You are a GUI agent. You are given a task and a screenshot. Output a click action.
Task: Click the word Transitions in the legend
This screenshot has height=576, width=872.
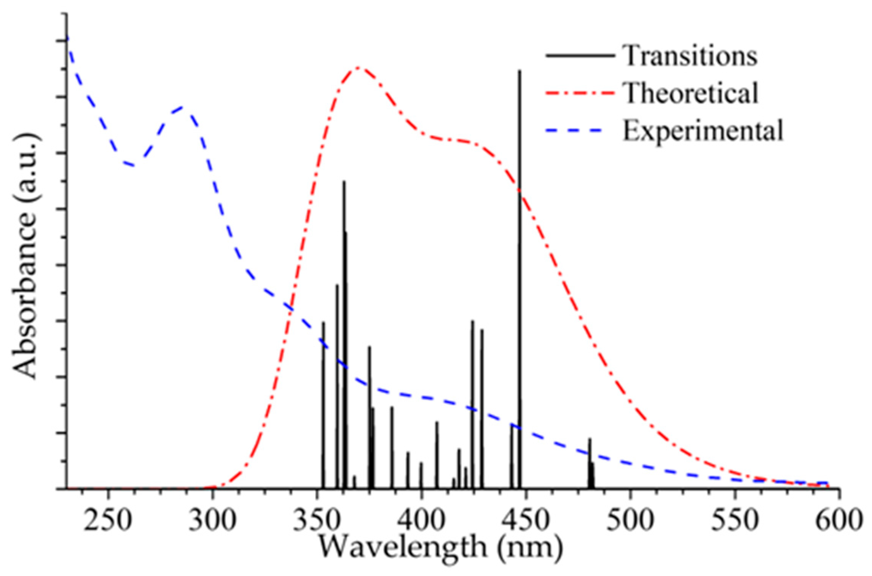(x=689, y=56)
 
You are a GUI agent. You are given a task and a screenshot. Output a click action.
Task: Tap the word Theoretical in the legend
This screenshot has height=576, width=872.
(x=690, y=93)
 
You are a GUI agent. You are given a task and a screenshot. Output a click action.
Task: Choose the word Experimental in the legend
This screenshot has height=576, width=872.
(x=703, y=131)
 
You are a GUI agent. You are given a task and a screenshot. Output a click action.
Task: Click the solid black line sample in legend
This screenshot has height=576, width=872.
(x=580, y=56)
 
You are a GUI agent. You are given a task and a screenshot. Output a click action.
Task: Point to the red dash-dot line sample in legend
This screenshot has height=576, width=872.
(x=580, y=93)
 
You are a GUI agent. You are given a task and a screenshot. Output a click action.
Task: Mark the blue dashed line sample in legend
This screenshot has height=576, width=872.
(x=575, y=130)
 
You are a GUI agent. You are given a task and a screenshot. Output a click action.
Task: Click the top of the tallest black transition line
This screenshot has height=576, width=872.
(x=520, y=71)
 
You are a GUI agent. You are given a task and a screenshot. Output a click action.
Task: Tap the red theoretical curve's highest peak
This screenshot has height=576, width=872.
(x=359, y=68)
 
